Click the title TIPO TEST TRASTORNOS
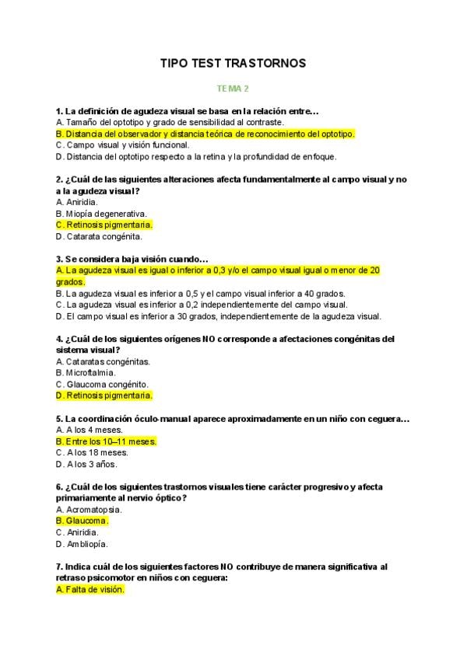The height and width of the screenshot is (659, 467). [233, 63]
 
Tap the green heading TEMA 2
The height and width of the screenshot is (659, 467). [233, 89]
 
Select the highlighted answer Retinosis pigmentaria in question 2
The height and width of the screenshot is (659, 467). [104, 225]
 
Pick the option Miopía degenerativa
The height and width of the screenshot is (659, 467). [101, 214]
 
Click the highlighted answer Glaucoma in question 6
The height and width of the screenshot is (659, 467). [83, 521]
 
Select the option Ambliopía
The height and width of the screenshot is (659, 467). [82, 544]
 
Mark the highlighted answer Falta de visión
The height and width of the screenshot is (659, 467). [90, 590]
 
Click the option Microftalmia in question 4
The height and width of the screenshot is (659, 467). [86, 373]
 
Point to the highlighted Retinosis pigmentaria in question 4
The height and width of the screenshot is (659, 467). [104, 396]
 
